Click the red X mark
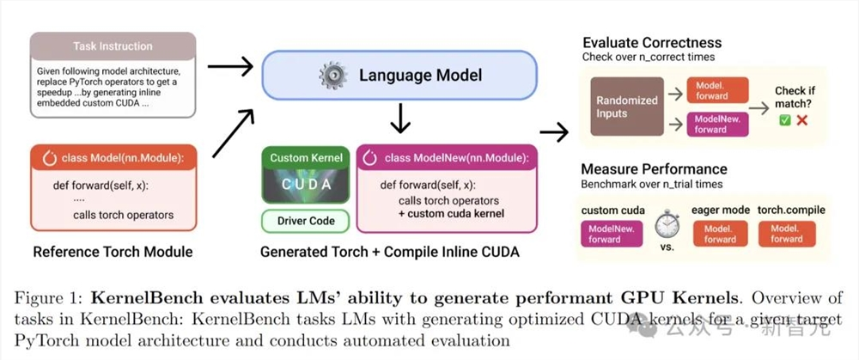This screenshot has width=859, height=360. (802, 120)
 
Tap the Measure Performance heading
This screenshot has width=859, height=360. (654, 169)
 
